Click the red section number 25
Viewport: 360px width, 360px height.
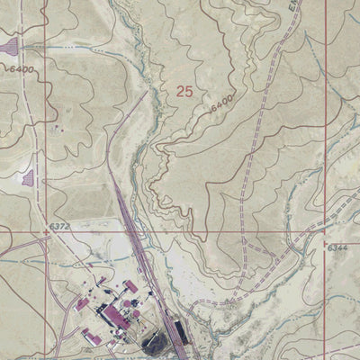pyautogui.click(x=184, y=91)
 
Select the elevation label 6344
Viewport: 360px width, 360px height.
pyautogui.click(x=337, y=247)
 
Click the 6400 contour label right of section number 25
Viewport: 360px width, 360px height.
pyautogui.click(x=221, y=102)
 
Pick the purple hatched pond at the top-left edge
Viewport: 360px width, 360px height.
pyautogui.click(x=9, y=45)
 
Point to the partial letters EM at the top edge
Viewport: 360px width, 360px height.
pyautogui.click(x=295, y=5)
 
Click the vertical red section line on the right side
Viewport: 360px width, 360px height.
pyautogui.click(x=325, y=135)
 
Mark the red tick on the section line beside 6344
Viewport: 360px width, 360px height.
pyautogui.click(x=325, y=241)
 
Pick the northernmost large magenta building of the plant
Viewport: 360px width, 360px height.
pyautogui.click(x=129, y=286)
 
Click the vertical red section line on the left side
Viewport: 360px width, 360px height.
pyautogui.click(x=46, y=135)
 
